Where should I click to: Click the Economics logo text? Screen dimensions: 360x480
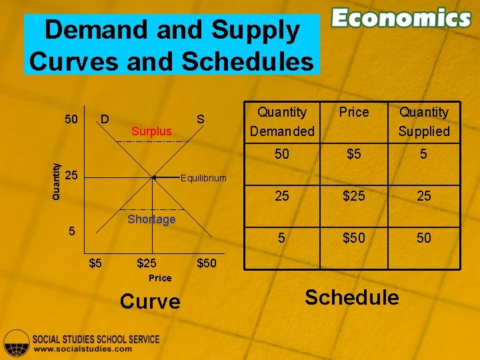tap(401, 18)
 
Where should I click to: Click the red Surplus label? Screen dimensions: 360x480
tap(151, 131)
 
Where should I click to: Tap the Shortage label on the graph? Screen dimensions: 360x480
tap(151, 219)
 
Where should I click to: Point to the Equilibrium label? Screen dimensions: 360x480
tap(204, 178)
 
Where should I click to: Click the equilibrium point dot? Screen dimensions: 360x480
tap(154, 178)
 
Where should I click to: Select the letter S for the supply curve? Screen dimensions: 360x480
tap(199, 120)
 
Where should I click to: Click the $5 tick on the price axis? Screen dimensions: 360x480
tap(96, 263)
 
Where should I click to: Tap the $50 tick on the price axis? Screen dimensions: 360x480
tap(206, 263)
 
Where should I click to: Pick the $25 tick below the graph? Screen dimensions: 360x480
tap(147, 263)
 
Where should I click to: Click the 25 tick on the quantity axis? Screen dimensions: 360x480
tap(73, 176)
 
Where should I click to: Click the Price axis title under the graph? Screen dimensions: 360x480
tap(160, 278)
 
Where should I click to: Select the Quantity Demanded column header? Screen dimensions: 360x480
tap(282, 121)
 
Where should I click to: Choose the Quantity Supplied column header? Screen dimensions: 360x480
tap(423, 121)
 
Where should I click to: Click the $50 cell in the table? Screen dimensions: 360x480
tap(353, 238)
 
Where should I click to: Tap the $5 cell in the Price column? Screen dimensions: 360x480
tap(353, 154)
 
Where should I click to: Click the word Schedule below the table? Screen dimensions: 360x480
tap(351, 297)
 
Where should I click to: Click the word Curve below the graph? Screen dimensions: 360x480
tap(150, 302)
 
